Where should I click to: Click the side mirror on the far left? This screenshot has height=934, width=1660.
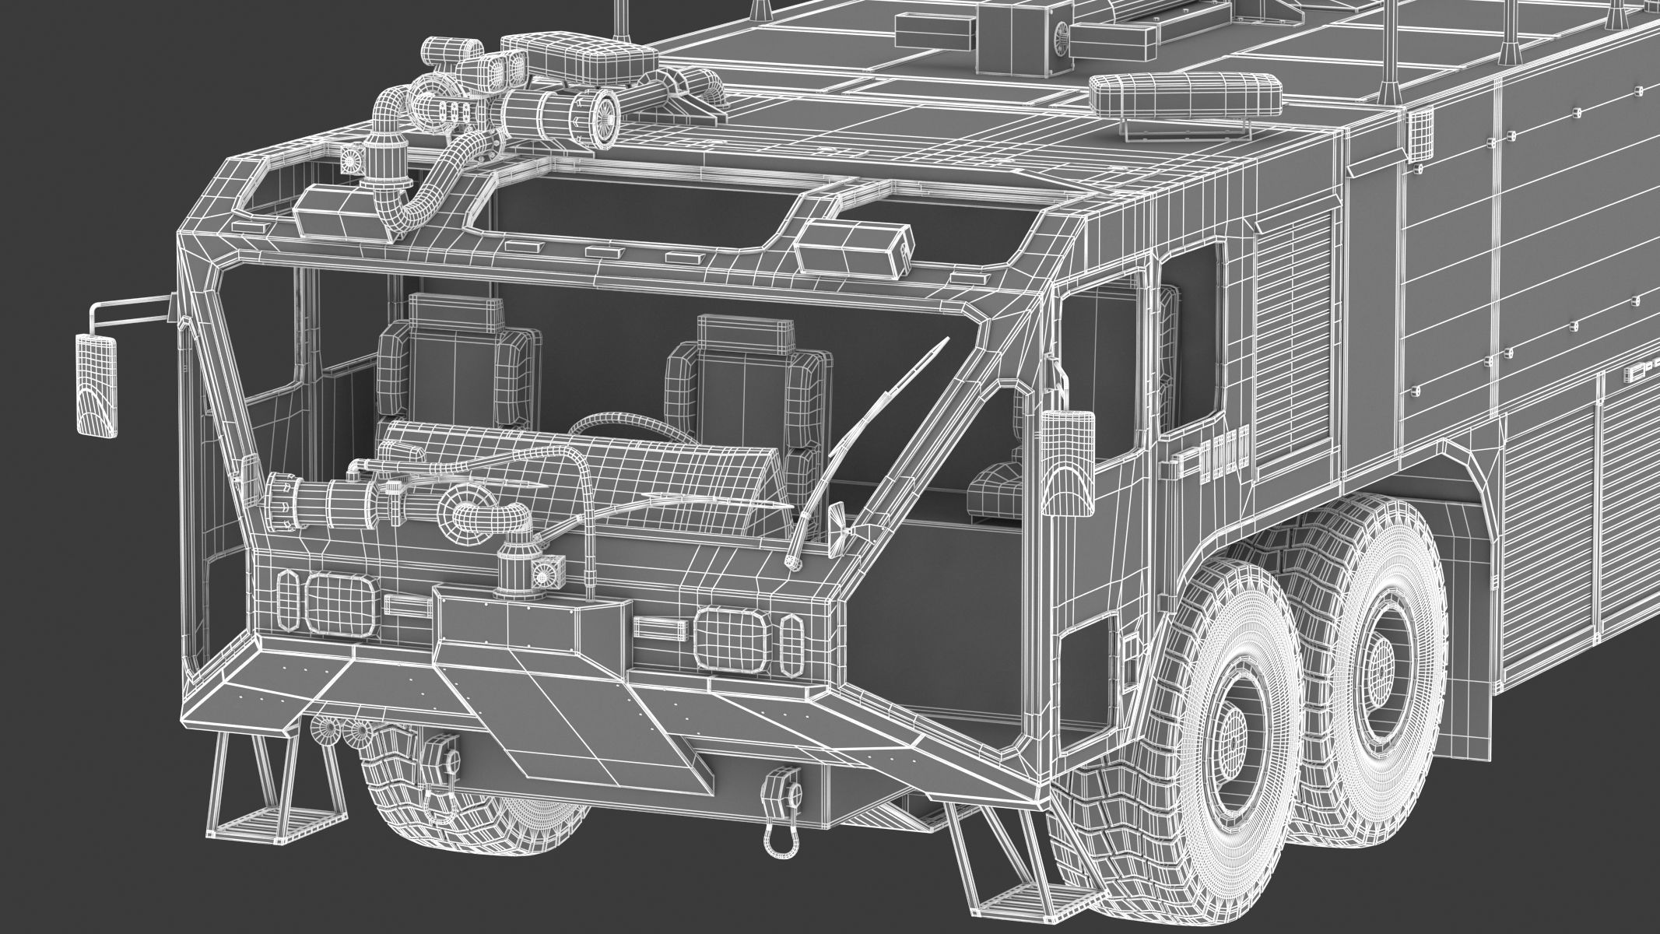pos(98,385)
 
